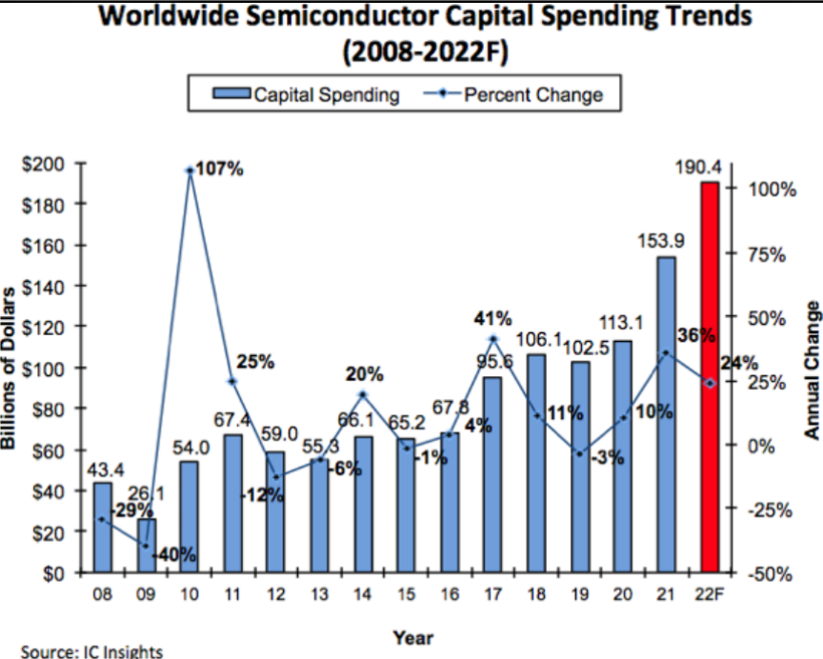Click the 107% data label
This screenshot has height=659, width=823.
[220, 170]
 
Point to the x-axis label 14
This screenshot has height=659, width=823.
[363, 596]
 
